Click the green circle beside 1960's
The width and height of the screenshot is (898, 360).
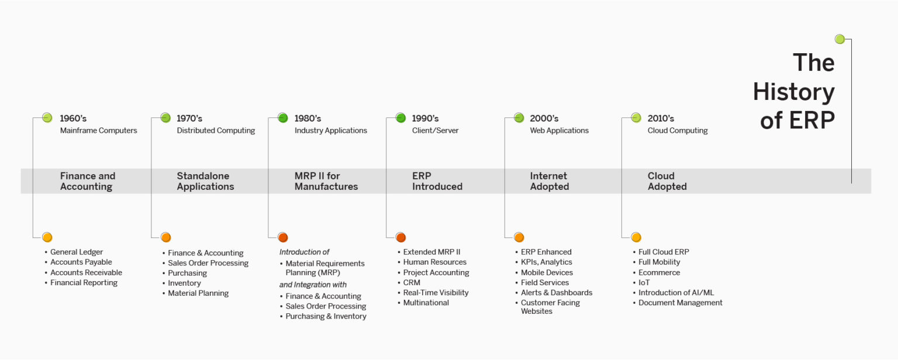(47, 118)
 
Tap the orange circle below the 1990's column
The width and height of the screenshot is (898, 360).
(400, 237)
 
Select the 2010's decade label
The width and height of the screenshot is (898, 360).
(661, 119)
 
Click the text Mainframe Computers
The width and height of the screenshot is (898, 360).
(98, 131)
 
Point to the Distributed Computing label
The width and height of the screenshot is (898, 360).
(216, 131)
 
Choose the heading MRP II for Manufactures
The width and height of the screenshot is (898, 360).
(326, 181)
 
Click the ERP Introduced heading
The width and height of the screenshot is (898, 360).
(437, 181)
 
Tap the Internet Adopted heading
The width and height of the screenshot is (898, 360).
(549, 181)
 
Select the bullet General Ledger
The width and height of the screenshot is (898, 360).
(77, 252)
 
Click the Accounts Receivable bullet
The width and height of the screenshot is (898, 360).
(86, 272)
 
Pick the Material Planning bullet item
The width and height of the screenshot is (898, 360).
(198, 293)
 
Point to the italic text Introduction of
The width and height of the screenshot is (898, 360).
(304, 252)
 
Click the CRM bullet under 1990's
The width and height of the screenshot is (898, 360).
(412, 282)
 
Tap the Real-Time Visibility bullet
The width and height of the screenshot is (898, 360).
(436, 293)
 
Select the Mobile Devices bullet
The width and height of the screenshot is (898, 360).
(547, 272)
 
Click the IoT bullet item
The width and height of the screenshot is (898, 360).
(644, 282)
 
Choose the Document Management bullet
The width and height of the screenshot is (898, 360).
(680, 303)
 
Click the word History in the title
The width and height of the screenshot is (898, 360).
(793, 92)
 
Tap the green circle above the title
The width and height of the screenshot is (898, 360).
(840, 39)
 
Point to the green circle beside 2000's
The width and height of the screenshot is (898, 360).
(519, 118)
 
